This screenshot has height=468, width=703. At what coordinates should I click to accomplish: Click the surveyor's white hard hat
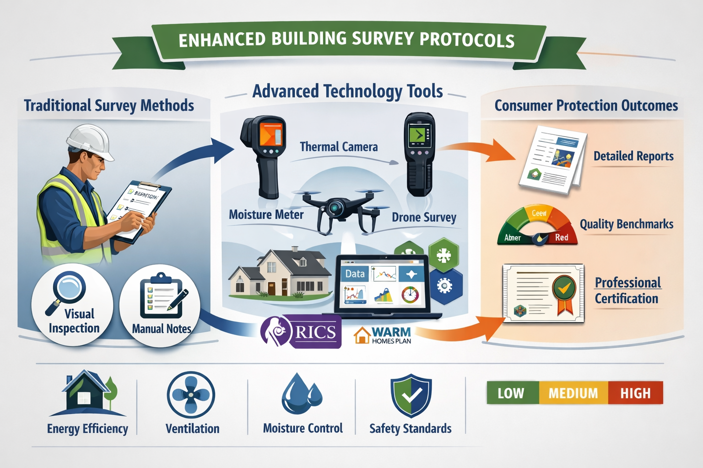coord(90,142)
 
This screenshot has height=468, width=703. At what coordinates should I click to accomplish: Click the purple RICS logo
coord(301,331)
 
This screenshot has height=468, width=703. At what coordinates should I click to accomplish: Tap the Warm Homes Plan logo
coord(383,335)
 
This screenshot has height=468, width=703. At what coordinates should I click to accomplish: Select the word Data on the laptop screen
coord(355,274)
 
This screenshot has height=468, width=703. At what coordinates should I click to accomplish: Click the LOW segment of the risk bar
coord(512,393)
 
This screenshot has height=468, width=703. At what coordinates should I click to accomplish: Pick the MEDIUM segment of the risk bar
coord(573,393)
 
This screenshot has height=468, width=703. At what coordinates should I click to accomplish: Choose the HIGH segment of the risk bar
coord(635,393)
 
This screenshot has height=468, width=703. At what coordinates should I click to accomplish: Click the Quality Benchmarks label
coord(626,224)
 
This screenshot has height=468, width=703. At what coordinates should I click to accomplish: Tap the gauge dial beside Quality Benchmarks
coord(538,225)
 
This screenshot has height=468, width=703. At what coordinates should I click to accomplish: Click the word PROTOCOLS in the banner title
coord(467,40)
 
